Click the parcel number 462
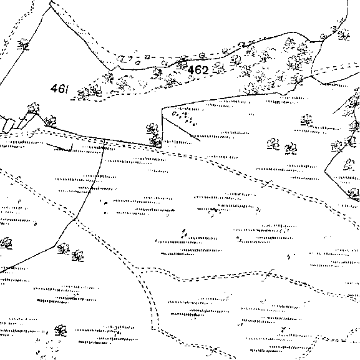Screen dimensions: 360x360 (x=198, y=70)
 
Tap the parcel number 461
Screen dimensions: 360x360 (x=59, y=89)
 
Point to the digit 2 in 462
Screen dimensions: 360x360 (x=205, y=70)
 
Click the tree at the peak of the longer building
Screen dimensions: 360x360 (x=33, y=108)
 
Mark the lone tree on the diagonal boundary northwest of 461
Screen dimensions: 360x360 (x=24, y=44)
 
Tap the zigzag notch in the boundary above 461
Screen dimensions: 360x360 (x=115, y=68)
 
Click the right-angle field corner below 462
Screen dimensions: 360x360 (x=162, y=108)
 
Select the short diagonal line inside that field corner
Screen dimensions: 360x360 (x=181, y=129)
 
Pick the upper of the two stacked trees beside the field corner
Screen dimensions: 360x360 (x=152, y=129)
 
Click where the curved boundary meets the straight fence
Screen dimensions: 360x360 (x=104, y=139)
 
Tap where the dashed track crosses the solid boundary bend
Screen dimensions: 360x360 (x=75, y=218)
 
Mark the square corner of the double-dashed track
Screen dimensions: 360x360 (x=153, y=329)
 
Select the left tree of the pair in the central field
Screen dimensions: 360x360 (x=273, y=144)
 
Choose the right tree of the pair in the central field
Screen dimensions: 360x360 (x=291, y=148)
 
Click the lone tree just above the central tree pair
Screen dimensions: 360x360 (x=306, y=120)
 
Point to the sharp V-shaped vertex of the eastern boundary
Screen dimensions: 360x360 (x=324, y=172)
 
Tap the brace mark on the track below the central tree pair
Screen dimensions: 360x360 (x=267, y=184)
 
